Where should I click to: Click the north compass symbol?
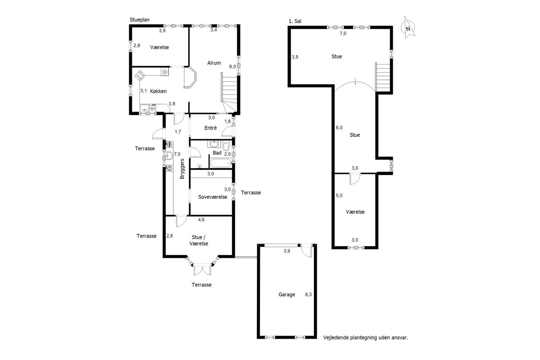[408, 28]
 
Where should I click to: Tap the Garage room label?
[286, 295]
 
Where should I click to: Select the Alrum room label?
[214, 63]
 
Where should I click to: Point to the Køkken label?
[158, 91]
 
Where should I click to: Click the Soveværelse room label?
[213, 197]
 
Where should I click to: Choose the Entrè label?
[211, 128]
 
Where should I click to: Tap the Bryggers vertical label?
[182, 169]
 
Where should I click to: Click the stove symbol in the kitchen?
[140, 76]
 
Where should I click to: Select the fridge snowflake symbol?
[165, 72]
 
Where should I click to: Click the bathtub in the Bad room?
[221, 163]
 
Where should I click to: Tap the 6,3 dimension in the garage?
[308, 295]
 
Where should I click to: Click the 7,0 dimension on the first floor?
[343, 33]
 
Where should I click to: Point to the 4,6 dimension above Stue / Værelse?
[201, 219]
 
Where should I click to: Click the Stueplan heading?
[140, 20]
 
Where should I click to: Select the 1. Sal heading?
[295, 21]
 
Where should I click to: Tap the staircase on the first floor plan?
[383, 77]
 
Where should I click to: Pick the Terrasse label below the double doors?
[202, 285]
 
